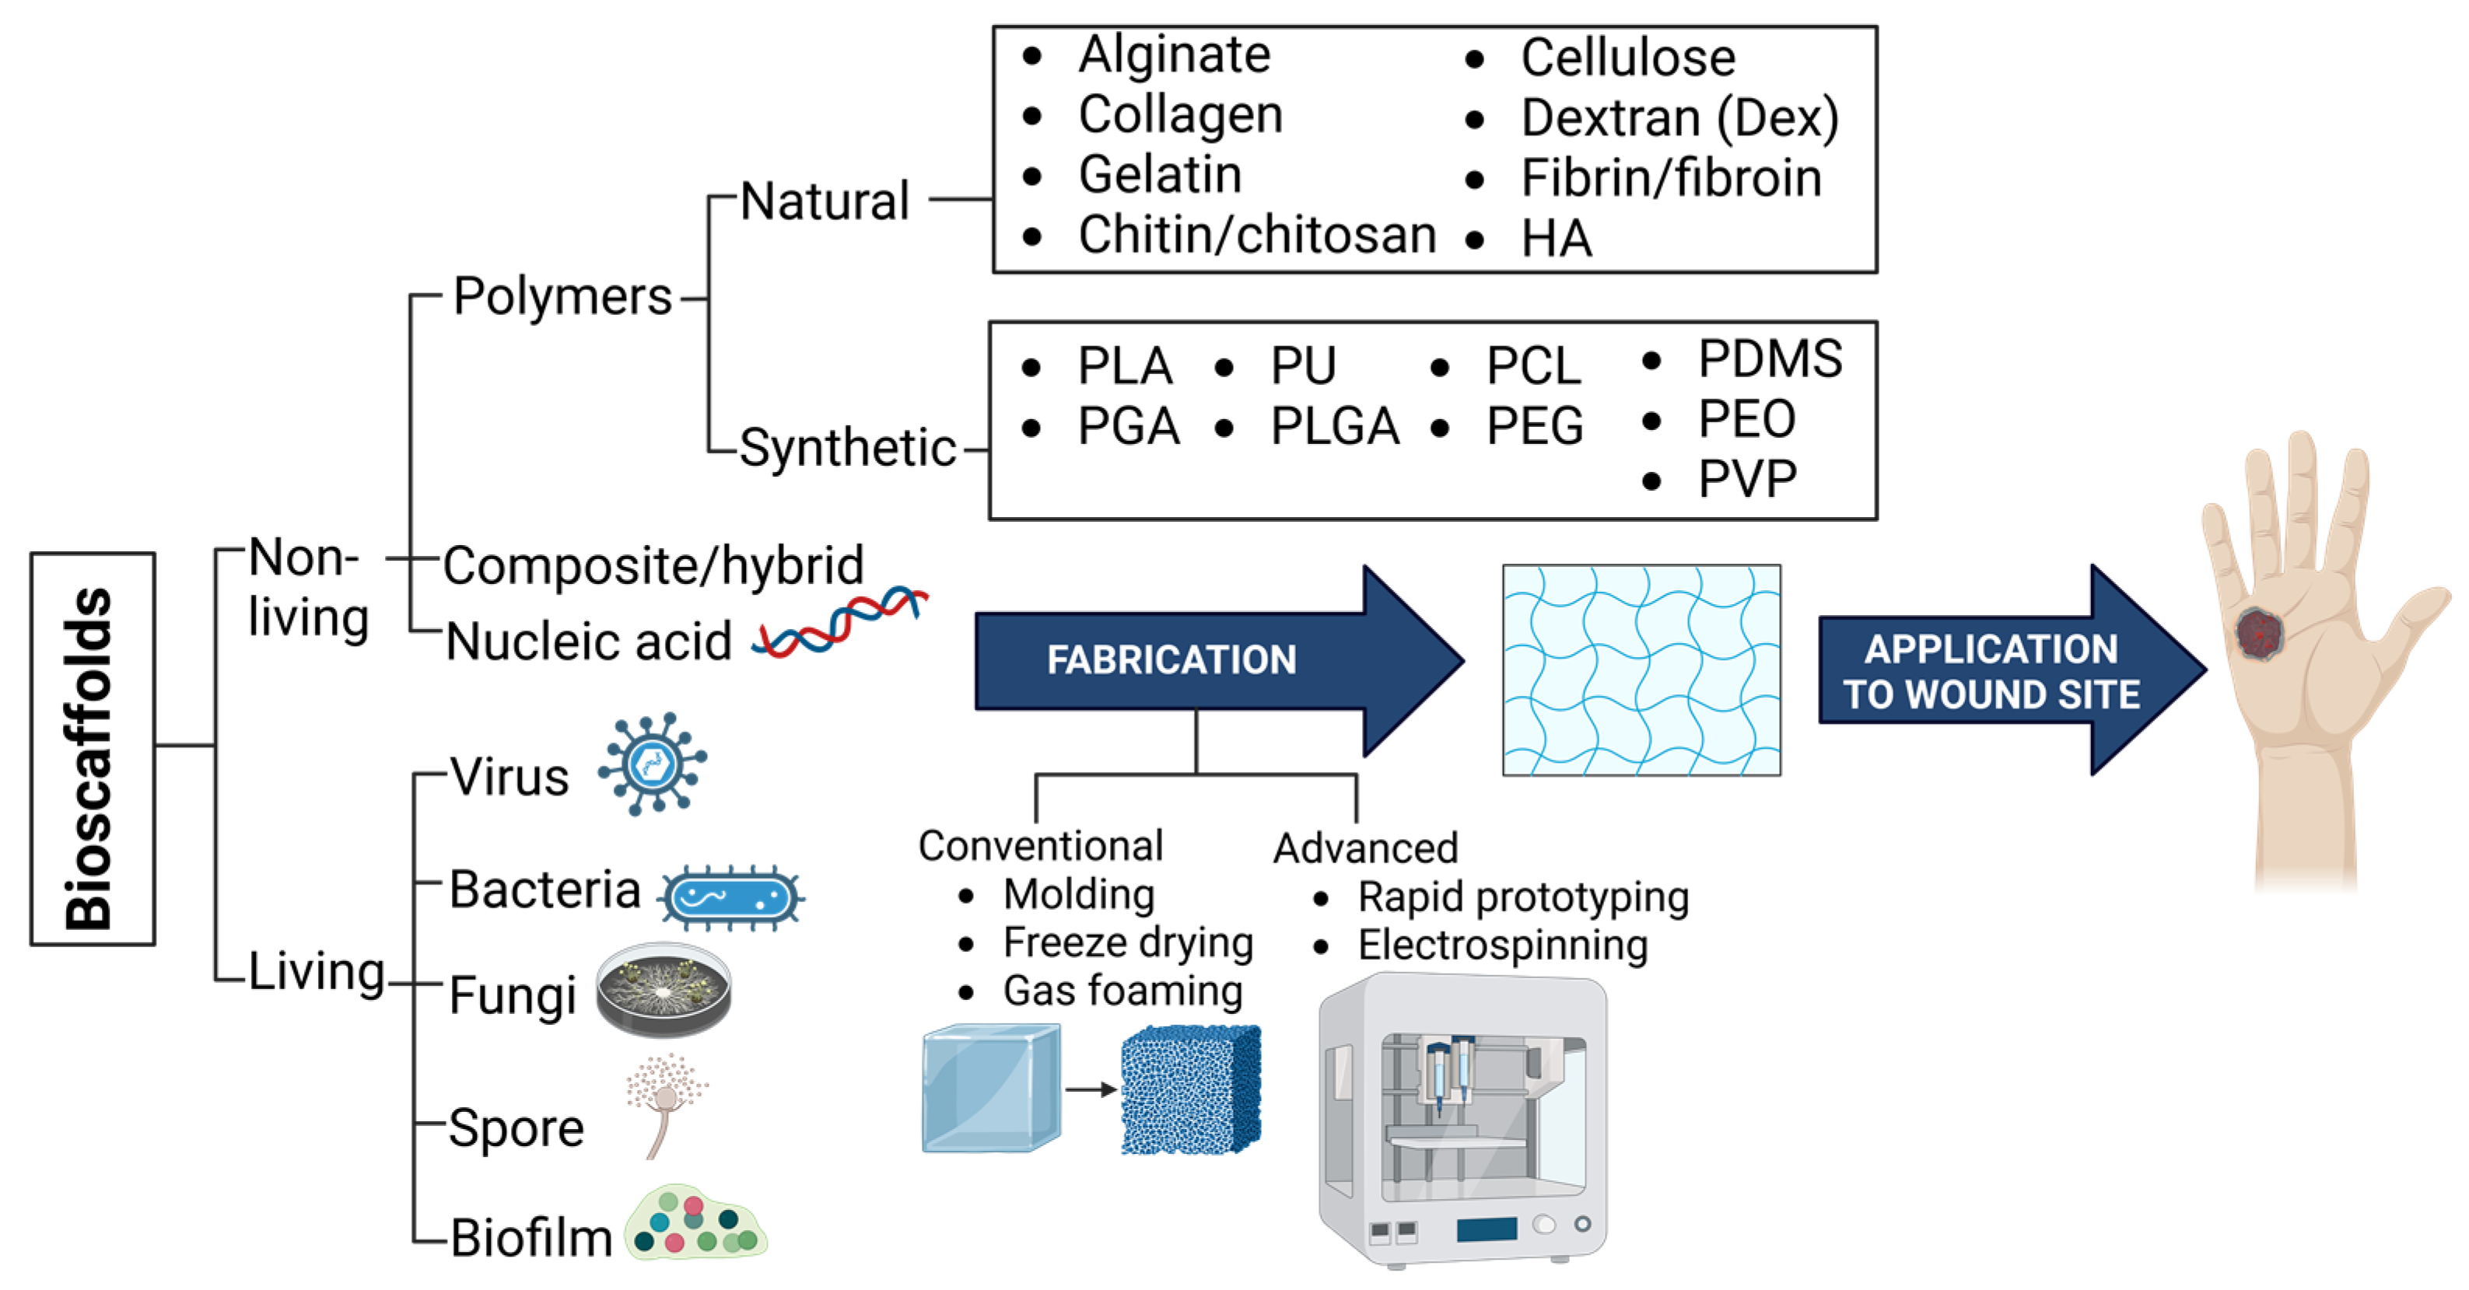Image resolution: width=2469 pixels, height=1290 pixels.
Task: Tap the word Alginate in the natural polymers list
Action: pos(1173,54)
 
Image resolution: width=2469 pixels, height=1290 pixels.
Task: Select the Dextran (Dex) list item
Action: pos(1678,119)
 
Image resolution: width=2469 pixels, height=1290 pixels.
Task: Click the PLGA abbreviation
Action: pos(1333,426)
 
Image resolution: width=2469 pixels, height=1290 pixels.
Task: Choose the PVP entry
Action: pos(1746,479)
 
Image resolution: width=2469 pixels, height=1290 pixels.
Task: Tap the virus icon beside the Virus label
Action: pos(653,764)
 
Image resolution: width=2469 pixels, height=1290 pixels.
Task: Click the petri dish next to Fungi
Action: pos(664,990)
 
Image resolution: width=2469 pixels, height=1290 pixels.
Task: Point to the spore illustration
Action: pos(665,1102)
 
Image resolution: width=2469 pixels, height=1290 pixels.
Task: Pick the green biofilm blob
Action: pos(695,1225)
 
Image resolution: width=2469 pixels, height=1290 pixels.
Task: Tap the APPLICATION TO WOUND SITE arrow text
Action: pos(1990,672)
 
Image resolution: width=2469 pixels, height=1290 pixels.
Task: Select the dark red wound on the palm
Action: pos(2258,632)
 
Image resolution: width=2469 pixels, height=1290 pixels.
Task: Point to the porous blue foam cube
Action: pos(1190,1089)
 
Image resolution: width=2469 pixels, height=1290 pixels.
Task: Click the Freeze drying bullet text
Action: pos(1127,943)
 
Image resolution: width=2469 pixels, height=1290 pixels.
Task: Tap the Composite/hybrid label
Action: pos(653,565)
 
